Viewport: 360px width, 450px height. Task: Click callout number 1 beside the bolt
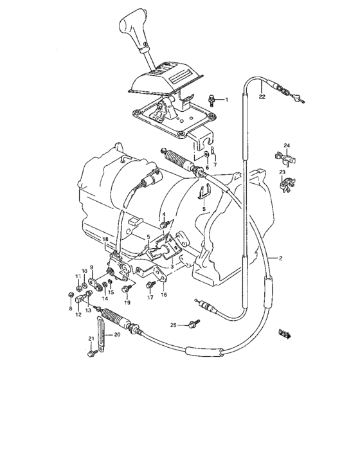point(226,100)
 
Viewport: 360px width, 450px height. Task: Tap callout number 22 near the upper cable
point(262,97)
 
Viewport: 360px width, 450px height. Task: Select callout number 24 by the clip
point(288,145)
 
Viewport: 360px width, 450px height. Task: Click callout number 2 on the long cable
point(280,258)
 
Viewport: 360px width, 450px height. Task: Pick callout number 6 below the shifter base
point(207,167)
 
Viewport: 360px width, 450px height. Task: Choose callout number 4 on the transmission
point(163,214)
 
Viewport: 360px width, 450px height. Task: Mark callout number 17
point(150,297)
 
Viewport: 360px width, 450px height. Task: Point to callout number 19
point(127,301)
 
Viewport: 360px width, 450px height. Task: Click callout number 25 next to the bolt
point(173,325)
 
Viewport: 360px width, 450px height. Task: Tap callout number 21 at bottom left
point(91,339)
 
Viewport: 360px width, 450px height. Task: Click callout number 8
point(71,309)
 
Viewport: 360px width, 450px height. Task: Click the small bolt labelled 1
point(212,99)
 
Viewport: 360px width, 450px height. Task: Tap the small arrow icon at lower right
point(285,334)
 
